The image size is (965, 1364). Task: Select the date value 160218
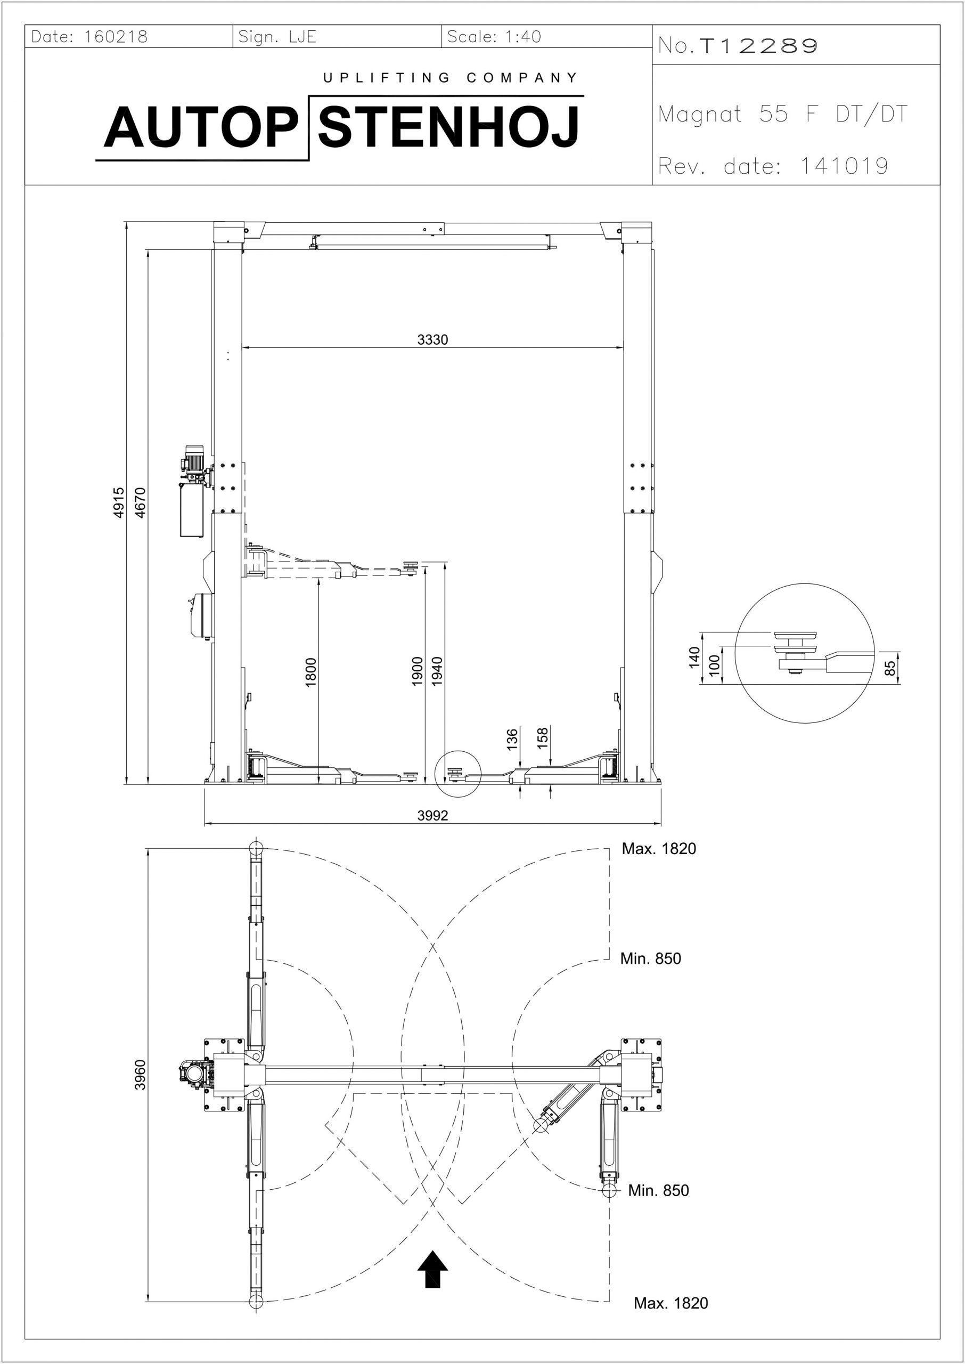(116, 37)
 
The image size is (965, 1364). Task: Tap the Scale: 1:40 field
(494, 37)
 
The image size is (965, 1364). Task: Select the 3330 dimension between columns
(432, 339)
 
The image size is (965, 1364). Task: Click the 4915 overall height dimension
(119, 503)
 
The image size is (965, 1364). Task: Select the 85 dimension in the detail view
(889, 669)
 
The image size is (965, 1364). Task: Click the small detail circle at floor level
(456, 773)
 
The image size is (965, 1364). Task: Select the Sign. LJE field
(277, 37)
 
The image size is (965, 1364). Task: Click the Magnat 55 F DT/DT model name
(783, 114)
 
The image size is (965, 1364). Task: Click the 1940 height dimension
(438, 671)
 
